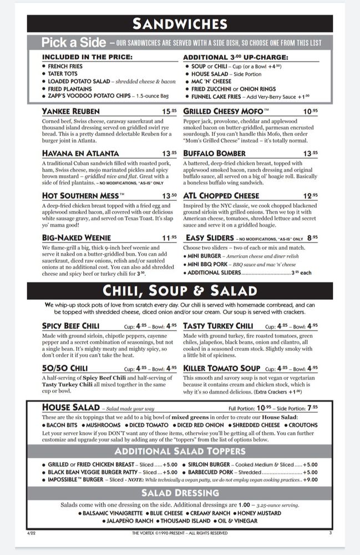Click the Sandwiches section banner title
point(180,23)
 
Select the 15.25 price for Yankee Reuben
point(169,111)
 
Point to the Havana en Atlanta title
point(80,153)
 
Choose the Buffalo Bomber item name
point(214,153)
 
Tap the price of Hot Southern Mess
point(169,196)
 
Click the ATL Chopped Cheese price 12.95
point(311,196)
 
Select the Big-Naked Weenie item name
point(77,238)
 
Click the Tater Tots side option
point(62,74)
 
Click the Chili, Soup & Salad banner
point(180,291)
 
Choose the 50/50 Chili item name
point(64,368)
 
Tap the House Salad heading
point(71,407)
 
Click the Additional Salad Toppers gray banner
point(180,451)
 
